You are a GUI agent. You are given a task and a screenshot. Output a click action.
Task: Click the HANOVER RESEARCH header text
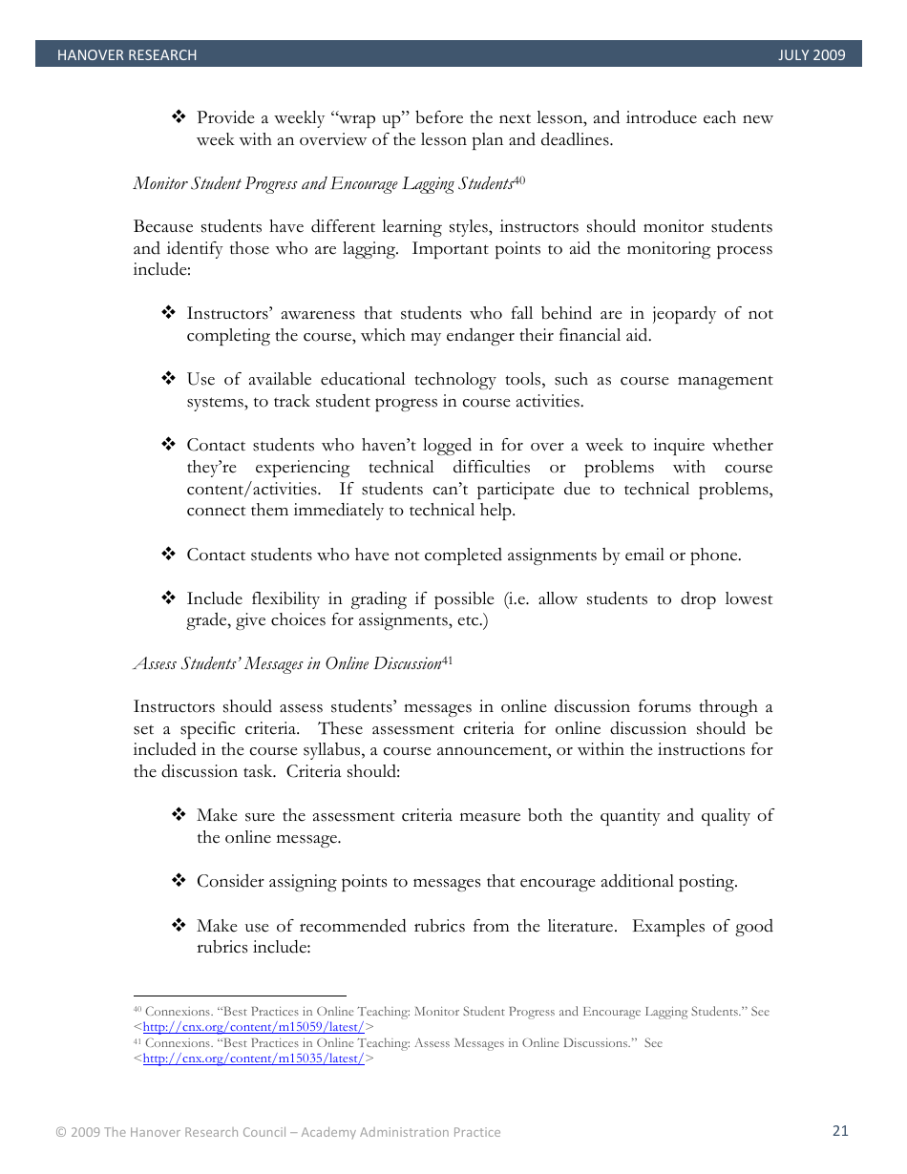pos(126,55)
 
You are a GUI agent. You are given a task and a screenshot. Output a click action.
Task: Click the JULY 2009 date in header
pos(812,55)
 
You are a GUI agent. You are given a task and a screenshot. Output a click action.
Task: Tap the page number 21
pos(840,1131)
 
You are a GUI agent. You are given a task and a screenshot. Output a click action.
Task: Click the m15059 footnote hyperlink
pos(253,1027)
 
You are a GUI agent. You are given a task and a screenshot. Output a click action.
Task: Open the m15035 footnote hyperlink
pos(253,1059)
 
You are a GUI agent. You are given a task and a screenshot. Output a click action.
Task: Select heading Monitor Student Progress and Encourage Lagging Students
pos(323,183)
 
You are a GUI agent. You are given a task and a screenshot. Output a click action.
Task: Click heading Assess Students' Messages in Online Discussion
pos(286,663)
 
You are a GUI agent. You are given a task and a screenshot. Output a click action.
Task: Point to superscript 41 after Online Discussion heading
pos(447,660)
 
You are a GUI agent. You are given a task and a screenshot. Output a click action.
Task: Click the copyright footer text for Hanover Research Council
pos(278,1132)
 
